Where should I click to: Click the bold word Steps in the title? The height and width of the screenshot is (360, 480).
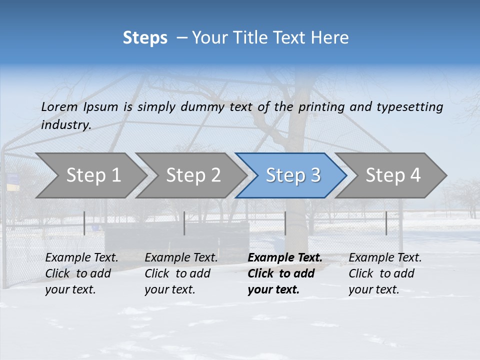145,38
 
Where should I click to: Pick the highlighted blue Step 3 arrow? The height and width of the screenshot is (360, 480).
293,175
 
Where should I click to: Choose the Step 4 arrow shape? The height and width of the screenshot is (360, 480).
393,175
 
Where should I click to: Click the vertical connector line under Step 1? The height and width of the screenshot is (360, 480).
84,223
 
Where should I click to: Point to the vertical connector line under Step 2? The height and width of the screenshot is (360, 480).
184,223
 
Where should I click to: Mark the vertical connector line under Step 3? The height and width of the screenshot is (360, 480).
285,223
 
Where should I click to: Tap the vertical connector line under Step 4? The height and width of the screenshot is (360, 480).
386,223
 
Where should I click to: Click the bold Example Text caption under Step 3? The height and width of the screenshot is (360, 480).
285,273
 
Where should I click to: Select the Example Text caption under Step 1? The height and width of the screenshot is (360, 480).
81,273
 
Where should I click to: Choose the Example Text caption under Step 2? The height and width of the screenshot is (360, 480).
181,273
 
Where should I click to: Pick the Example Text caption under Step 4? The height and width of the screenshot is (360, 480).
385,273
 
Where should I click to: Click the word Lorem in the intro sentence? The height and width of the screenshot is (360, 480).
59,107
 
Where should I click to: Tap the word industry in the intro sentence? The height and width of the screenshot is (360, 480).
66,125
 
